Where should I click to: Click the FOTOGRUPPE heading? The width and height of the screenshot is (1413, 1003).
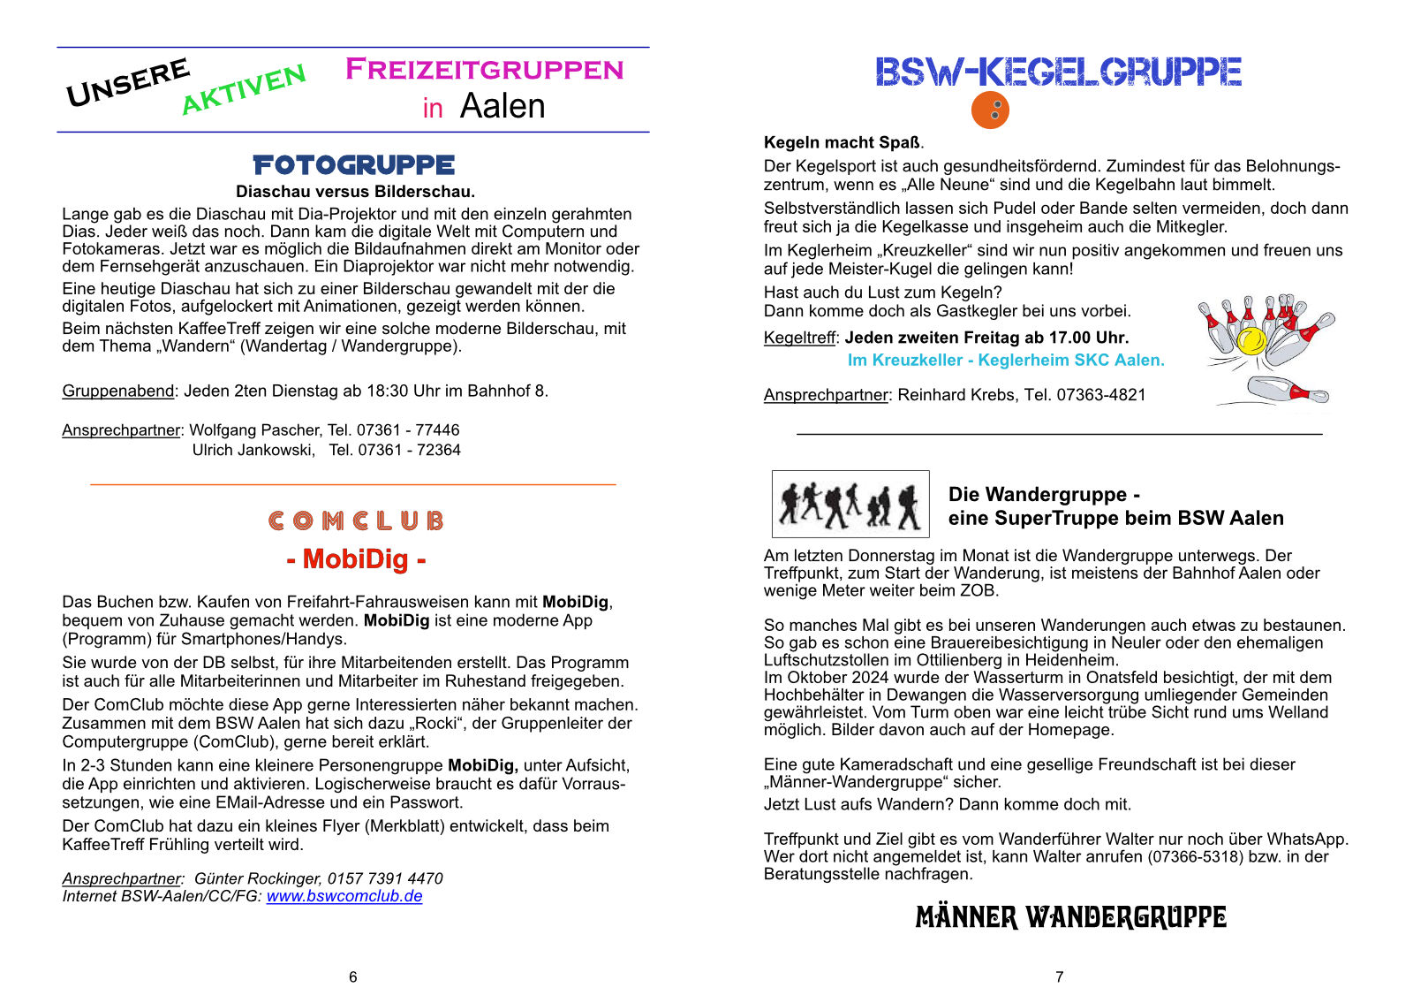pos(353,165)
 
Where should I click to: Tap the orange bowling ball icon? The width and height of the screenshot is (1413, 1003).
pos(990,110)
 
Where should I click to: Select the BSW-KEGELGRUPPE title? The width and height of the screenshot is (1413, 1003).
pos(1058,72)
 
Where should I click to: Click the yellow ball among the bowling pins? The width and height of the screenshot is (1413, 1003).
pos(1251,340)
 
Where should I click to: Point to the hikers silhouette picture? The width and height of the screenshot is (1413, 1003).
pos(850,504)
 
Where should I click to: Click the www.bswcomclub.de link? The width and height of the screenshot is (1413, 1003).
pos(344,896)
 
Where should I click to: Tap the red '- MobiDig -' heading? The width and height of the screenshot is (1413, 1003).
pos(356,559)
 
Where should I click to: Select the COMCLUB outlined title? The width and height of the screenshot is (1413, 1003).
pos(356,520)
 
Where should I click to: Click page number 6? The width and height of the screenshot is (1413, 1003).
pos(353,976)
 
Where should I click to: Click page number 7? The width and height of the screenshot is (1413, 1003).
pos(1059,976)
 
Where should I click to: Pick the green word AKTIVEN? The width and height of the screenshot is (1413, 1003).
pos(243,89)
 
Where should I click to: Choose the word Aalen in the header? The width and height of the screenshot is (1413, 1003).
pos(502,106)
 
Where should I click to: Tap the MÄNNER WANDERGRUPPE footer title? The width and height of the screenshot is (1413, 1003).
pos(1070,917)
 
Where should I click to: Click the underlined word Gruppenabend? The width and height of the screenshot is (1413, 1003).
pos(118,391)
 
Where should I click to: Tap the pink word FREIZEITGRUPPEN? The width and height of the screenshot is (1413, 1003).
pos(484,69)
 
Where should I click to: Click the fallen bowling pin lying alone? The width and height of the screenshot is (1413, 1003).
pos(1286,390)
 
